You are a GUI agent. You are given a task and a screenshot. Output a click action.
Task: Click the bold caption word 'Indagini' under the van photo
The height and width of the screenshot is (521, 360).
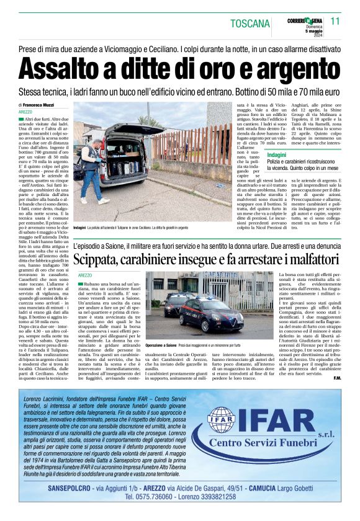79,228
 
